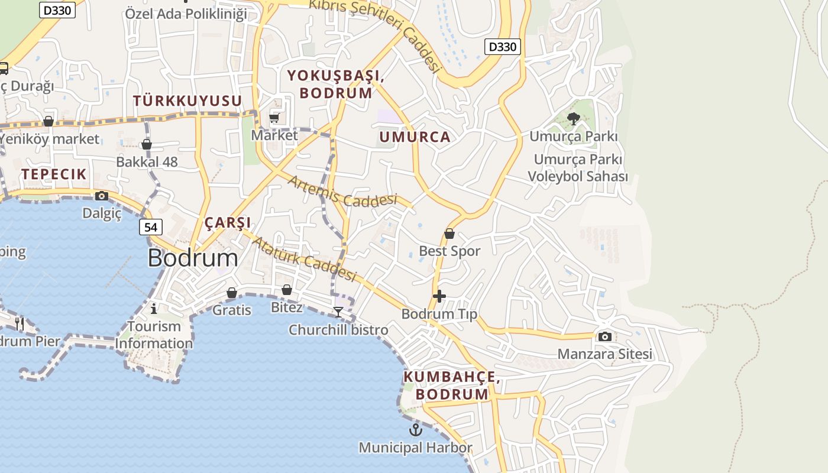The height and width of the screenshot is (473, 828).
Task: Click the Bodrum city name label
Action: (193, 258)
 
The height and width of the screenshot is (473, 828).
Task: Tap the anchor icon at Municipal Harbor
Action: (416, 429)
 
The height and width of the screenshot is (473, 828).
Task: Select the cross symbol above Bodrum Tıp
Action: (439, 296)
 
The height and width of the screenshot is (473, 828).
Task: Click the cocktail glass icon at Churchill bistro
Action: (338, 312)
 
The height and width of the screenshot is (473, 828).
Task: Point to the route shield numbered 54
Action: (151, 227)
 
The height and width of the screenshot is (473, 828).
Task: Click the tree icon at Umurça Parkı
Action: (573, 119)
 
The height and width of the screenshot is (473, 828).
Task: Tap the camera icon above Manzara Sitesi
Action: (604, 336)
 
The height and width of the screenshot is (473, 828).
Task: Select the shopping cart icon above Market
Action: (274, 118)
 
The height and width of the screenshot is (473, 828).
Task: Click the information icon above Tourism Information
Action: (154, 308)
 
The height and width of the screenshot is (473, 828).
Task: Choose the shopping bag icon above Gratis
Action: (232, 293)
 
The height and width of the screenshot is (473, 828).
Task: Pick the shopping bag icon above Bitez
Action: (287, 290)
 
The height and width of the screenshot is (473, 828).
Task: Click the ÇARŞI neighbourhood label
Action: (228, 223)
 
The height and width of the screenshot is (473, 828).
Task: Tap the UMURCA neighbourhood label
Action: (415, 137)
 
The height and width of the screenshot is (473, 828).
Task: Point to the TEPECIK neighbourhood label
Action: (54, 174)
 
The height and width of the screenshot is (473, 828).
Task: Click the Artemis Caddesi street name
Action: (342, 192)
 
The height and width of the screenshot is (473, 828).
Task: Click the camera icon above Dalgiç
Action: (102, 196)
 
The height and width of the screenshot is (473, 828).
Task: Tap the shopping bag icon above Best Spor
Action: (449, 234)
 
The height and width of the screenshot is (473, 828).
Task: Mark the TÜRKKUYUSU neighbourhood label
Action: (187, 101)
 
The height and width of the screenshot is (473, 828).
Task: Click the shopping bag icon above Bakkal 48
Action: (147, 144)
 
